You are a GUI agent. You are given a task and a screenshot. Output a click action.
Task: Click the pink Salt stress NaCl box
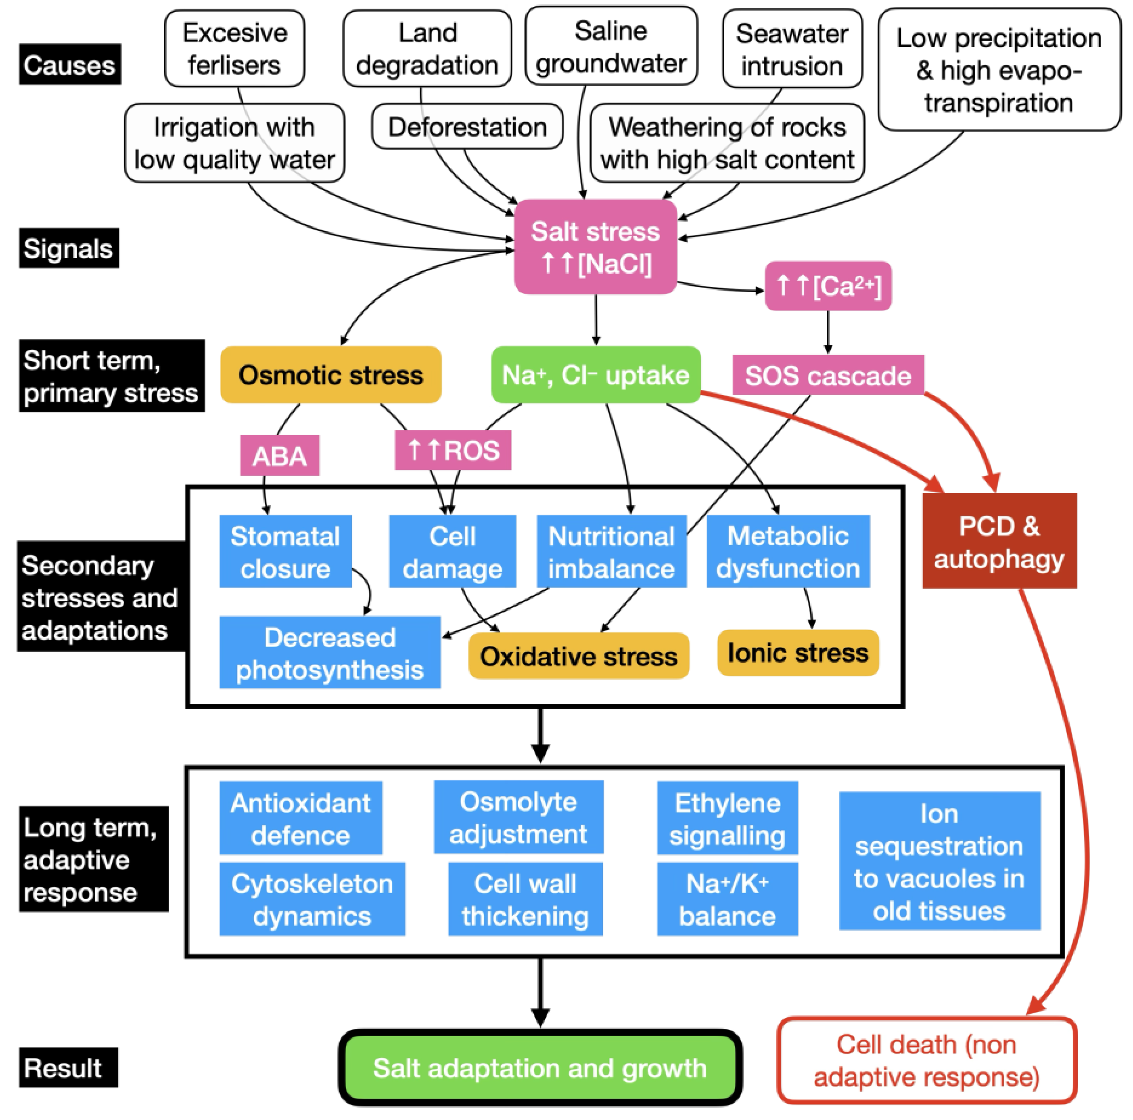pos(595,247)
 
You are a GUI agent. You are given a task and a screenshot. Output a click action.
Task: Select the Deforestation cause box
pos(467,127)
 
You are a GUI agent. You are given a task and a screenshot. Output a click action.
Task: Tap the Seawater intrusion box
pos(792,49)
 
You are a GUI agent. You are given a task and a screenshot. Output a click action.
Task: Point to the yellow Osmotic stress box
pos(331,375)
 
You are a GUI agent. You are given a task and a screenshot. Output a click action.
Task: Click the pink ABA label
pos(280,455)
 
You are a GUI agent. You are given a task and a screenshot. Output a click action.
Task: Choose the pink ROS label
pos(453,450)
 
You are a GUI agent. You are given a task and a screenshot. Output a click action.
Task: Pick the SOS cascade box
pos(828,375)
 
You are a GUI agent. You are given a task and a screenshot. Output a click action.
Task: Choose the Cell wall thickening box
pos(525,899)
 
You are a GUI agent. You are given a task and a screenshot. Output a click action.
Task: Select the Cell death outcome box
pos(926,1061)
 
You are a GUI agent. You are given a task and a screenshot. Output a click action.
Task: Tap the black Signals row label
pos(69,248)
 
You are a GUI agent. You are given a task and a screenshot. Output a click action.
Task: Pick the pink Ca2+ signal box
pos(828,286)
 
